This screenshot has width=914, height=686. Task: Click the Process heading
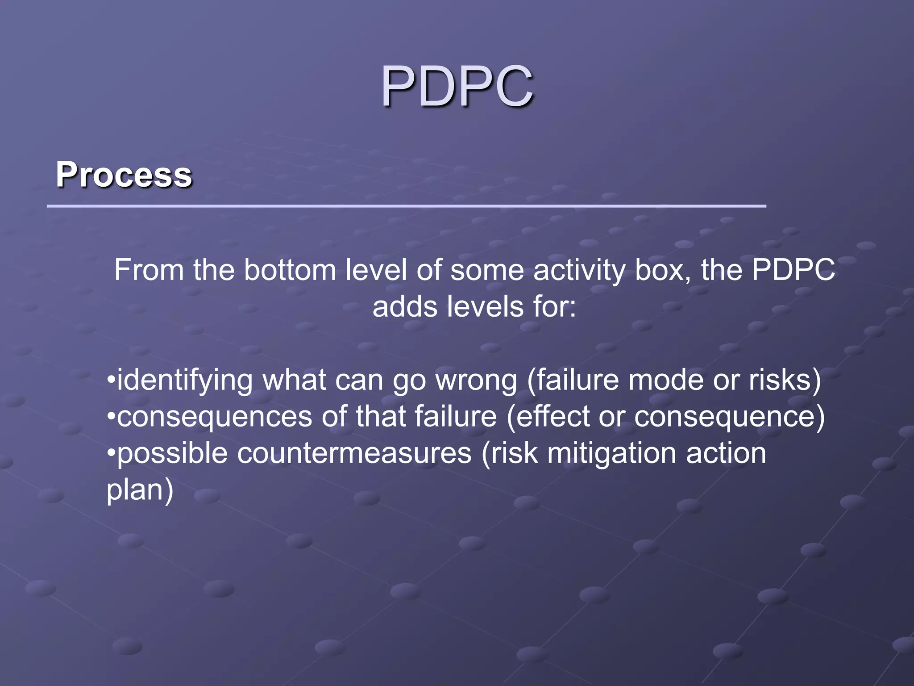(x=124, y=175)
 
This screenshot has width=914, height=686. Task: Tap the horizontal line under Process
(x=406, y=206)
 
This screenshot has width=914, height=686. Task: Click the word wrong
(x=476, y=381)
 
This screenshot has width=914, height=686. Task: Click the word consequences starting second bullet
(x=214, y=417)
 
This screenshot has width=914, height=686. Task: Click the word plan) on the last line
(x=140, y=491)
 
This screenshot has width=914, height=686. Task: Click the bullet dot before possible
(x=111, y=454)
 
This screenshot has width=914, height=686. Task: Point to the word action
(x=726, y=453)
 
